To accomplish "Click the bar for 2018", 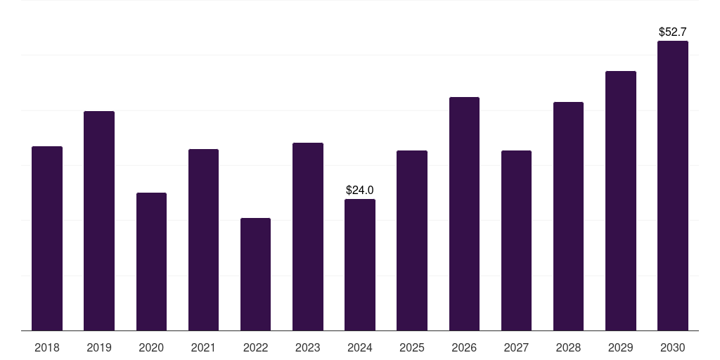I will coord(47,238).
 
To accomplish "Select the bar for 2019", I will coord(99,221).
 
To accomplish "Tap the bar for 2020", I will coord(151,262).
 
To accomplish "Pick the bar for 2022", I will coord(255,274).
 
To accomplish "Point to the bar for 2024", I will coord(360,264).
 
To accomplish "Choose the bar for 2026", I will coord(464,214).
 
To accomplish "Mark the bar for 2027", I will coord(516,240).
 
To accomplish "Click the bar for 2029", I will coord(621,200).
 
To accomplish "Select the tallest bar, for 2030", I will coord(673,186).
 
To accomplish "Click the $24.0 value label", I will coord(360,190).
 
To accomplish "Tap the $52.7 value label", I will coord(673,32).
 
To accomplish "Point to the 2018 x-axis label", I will coord(47,347).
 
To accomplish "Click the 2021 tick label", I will coord(203,347).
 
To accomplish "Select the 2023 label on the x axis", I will coord(307,347).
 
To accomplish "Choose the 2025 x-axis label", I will coord(412,347).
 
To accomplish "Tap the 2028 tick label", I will coord(568,347).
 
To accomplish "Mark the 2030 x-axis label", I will coord(673,347).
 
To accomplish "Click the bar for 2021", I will coord(203,240).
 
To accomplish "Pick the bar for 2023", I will coord(307,236).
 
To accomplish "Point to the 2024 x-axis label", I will coord(360,347).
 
